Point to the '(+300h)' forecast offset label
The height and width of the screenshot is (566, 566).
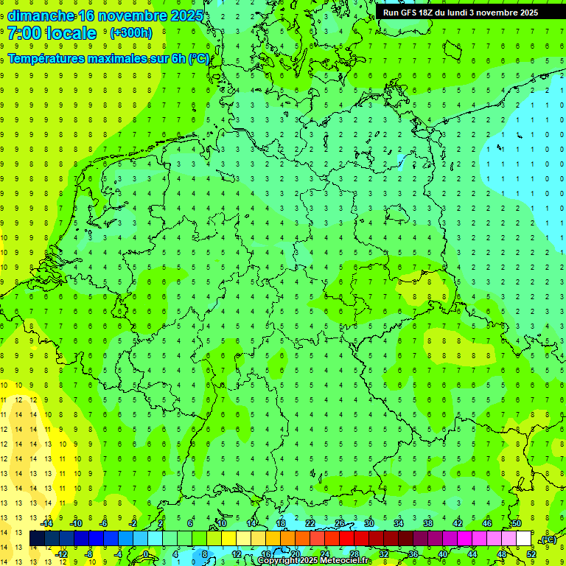click(x=130, y=33)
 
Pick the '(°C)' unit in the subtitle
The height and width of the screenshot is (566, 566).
click(x=198, y=58)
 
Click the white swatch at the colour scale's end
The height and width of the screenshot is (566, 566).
click(x=523, y=539)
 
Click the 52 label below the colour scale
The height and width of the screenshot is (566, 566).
click(x=531, y=554)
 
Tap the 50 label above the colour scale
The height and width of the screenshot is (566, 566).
click(x=517, y=523)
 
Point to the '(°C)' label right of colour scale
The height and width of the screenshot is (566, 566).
click(x=548, y=539)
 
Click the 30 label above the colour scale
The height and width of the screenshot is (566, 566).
click(x=368, y=523)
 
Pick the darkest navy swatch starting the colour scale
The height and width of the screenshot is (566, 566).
click(x=37, y=539)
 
